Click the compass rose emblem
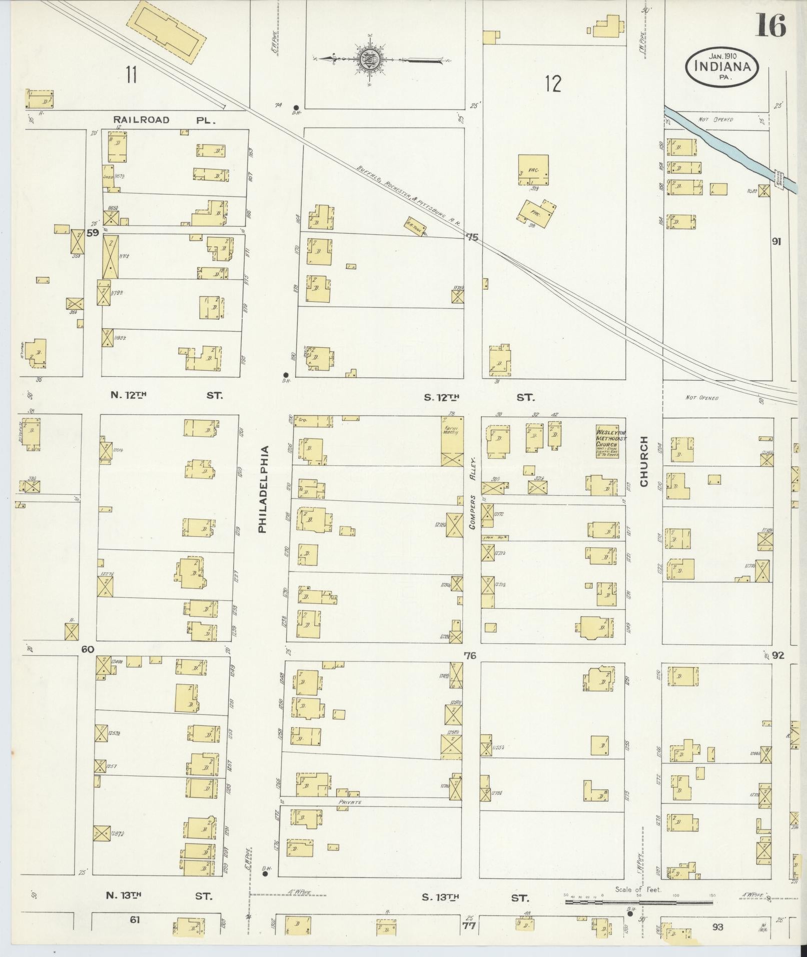369,60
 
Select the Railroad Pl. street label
164,120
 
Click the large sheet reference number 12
553,84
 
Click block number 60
88,649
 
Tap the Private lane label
350,802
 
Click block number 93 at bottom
717,927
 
